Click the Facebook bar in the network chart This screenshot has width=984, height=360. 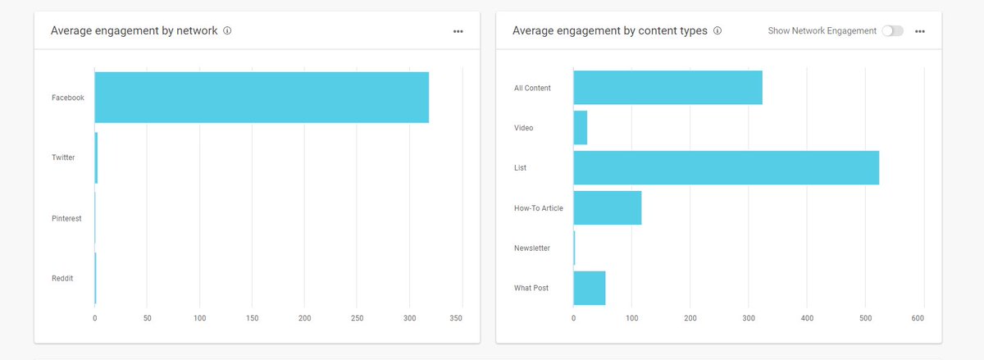click(x=262, y=98)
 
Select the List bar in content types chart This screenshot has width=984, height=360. click(x=726, y=167)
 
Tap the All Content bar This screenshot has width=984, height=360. click(x=667, y=88)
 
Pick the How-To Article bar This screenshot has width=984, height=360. click(x=607, y=207)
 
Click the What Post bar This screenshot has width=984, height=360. click(x=589, y=288)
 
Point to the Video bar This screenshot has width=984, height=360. click(x=580, y=128)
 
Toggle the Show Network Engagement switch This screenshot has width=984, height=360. click(x=892, y=31)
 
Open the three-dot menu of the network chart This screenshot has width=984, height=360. click(x=458, y=31)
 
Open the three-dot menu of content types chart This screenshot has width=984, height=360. click(x=920, y=31)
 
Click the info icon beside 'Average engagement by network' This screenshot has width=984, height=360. click(x=227, y=31)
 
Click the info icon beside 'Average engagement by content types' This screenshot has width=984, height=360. click(x=717, y=31)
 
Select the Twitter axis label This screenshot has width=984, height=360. click(x=63, y=157)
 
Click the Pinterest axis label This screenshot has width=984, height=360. click(x=66, y=219)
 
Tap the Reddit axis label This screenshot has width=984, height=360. click(x=62, y=278)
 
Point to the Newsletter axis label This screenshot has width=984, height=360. click(x=532, y=248)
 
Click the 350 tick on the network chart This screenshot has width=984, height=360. click(x=457, y=317)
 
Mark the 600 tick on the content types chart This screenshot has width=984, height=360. click(x=918, y=317)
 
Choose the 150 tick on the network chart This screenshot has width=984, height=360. click(x=252, y=317)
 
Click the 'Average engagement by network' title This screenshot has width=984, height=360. click(x=134, y=31)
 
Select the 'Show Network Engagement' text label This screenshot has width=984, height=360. click(x=822, y=31)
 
